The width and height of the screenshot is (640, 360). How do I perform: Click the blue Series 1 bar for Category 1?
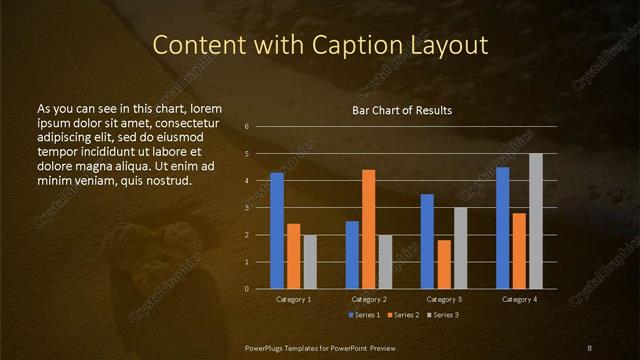(x=277, y=231)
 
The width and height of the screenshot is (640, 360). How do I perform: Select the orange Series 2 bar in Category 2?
(x=369, y=229)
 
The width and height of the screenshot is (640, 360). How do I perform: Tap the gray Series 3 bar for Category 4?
(x=535, y=221)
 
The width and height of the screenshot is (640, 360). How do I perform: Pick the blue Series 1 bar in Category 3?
(x=427, y=241)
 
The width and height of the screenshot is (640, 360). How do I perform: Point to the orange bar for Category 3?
(x=444, y=264)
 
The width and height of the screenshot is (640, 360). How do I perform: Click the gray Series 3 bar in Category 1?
(x=310, y=262)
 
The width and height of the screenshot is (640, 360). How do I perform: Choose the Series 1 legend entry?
(x=365, y=315)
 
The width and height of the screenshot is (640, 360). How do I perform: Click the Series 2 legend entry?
(x=403, y=315)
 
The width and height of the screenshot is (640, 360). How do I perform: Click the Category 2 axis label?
(x=369, y=299)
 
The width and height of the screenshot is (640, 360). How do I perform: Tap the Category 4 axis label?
(x=519, y=299)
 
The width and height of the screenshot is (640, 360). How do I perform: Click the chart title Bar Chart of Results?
(x=402, y=110)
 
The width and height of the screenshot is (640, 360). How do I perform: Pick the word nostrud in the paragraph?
(x=162, y=180)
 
